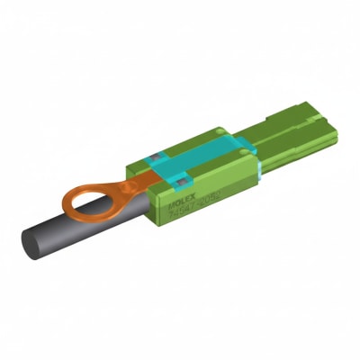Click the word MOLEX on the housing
[184, 205]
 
